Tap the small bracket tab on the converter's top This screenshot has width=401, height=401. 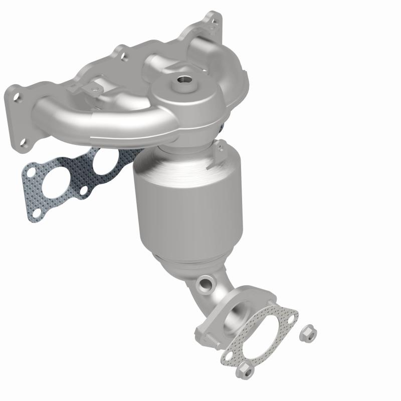(219, 149)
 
